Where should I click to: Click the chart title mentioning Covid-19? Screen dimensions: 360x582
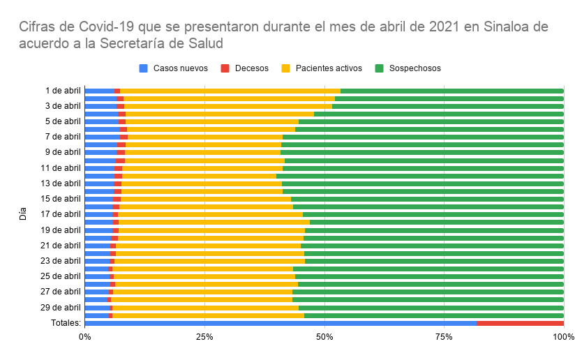click(283, 35)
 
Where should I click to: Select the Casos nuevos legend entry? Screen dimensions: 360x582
click(174, 68)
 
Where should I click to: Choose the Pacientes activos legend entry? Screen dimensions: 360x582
click(322, 68)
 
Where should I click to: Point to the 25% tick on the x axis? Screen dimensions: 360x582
click(204, 337)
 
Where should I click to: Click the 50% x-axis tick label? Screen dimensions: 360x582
click(324, 337)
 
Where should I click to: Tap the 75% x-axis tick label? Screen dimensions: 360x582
click(444, 337)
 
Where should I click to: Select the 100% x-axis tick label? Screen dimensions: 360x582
click(562, 337)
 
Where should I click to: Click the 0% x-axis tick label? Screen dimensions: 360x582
click(84, 337)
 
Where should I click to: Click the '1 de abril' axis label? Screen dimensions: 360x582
click(63, 91)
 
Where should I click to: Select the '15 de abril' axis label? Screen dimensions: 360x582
click(61, 199)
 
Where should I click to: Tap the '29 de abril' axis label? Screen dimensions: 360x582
click(61, 308)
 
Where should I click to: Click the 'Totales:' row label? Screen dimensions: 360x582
click(66, 323)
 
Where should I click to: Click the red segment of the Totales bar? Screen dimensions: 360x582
click(520, 323)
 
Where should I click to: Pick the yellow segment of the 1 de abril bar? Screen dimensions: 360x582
click(230, 91)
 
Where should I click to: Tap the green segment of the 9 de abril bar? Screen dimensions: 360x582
click(422, 152)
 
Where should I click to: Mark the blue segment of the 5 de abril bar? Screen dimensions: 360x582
click(101, 121)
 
